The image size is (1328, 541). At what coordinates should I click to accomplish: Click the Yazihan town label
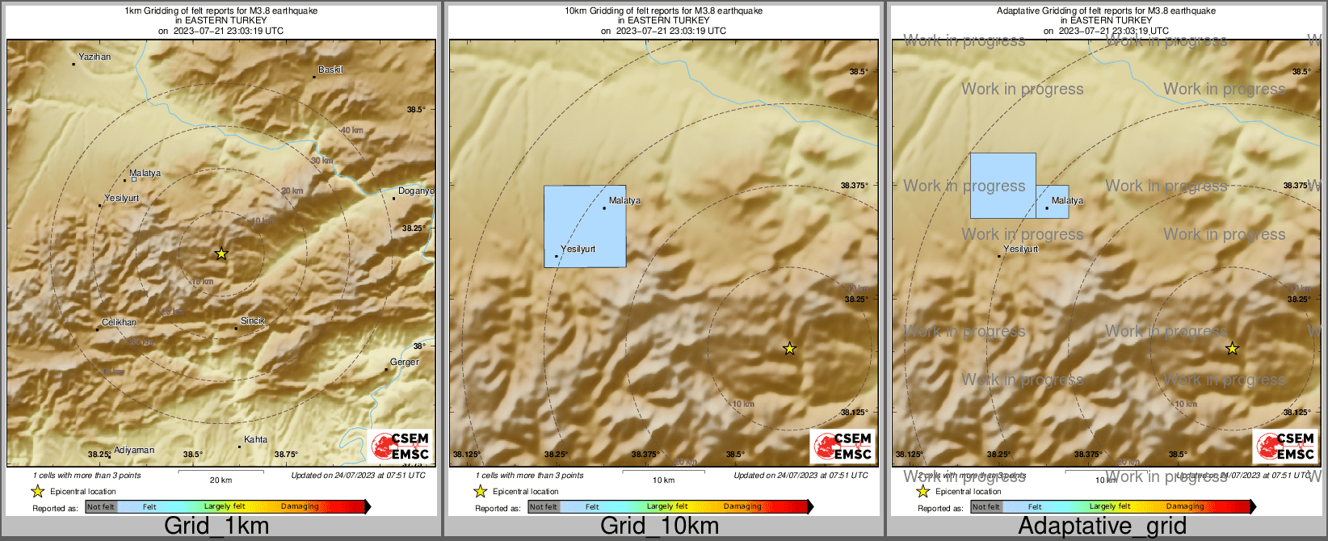tap(94, 57)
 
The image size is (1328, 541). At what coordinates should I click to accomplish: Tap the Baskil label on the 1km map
tap(330, 70)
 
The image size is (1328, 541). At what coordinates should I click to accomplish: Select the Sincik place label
tap(252, 321)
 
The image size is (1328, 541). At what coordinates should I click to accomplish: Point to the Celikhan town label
tap(119, 323)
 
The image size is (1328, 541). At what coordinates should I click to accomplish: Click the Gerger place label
tap(404, 363)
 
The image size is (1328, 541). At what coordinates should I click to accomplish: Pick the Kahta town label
tap(255, 440)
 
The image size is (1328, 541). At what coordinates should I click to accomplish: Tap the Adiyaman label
tap(133, 451)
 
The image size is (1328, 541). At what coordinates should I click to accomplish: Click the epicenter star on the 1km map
tap(221, 254)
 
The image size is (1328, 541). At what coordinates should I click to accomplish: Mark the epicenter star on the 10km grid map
tap(790, 349)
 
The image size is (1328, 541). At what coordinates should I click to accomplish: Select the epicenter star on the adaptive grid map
tap(1232, 349)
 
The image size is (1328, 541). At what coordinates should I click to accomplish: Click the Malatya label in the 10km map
tap(624, 201)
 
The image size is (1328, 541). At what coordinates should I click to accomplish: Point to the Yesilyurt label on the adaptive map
tap(1020, 250)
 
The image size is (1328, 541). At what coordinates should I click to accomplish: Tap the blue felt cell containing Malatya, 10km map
tap(584, 226)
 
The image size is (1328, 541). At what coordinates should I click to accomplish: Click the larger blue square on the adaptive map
tap(1002, 186)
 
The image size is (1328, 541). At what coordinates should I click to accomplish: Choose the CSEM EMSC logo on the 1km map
tap(399, 447)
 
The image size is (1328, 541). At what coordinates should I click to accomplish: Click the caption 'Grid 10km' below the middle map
tap(659, 526)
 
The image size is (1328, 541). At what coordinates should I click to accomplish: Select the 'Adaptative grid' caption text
tap(1102, 526)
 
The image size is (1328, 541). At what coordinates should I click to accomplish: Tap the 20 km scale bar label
tap(221, 480)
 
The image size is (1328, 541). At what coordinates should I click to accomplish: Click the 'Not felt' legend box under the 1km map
tap(101, 507)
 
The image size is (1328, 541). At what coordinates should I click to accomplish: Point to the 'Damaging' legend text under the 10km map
tap(742, 507)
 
